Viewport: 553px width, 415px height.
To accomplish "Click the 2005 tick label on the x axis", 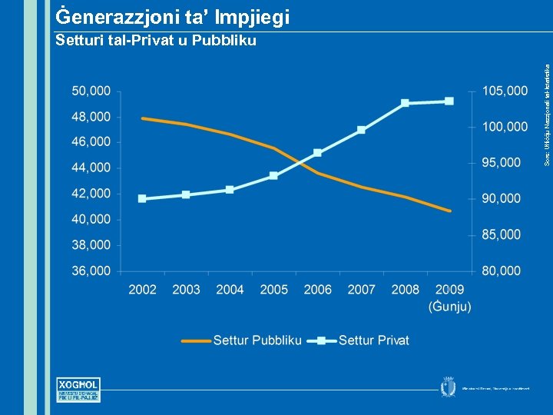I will click(x=273, y=290).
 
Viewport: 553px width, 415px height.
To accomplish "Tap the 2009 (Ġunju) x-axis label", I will click(x=449, y=297).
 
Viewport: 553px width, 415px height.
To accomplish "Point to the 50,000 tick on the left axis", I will click(x=91, y=91).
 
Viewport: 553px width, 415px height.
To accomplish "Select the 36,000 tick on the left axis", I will click(x=91, y=271).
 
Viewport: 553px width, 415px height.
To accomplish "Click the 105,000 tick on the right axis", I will click(x=505, y=91).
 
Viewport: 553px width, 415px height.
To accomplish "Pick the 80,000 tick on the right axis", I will click(x=502, y=271).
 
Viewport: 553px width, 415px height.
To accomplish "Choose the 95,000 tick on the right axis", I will click(x=502, y=162).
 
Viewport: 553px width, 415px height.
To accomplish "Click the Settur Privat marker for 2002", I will click(x=142, y=198).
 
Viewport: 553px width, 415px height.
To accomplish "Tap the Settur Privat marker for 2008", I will click(x=406, y=103).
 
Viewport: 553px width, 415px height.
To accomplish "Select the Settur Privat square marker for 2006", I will click(x=317, y=153).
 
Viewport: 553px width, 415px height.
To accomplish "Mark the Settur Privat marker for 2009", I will click(x=449, y=101).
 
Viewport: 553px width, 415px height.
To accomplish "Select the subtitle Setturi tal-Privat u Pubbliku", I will click(x=157, y=41).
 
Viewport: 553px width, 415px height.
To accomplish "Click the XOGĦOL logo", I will click(x=79, y=390).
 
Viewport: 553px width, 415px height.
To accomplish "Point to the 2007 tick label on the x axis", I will click(x=361, y=290).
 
